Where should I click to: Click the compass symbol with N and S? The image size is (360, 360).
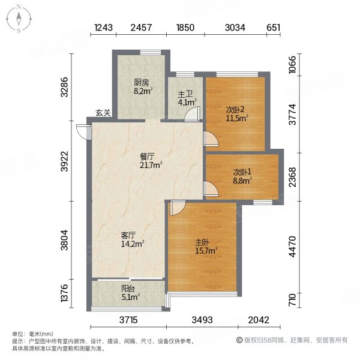tap(19, 18)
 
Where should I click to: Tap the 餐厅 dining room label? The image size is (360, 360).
tap(146, 156)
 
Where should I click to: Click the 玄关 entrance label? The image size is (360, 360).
tap(103, 113)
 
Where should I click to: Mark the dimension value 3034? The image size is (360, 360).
tap(235, 28)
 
